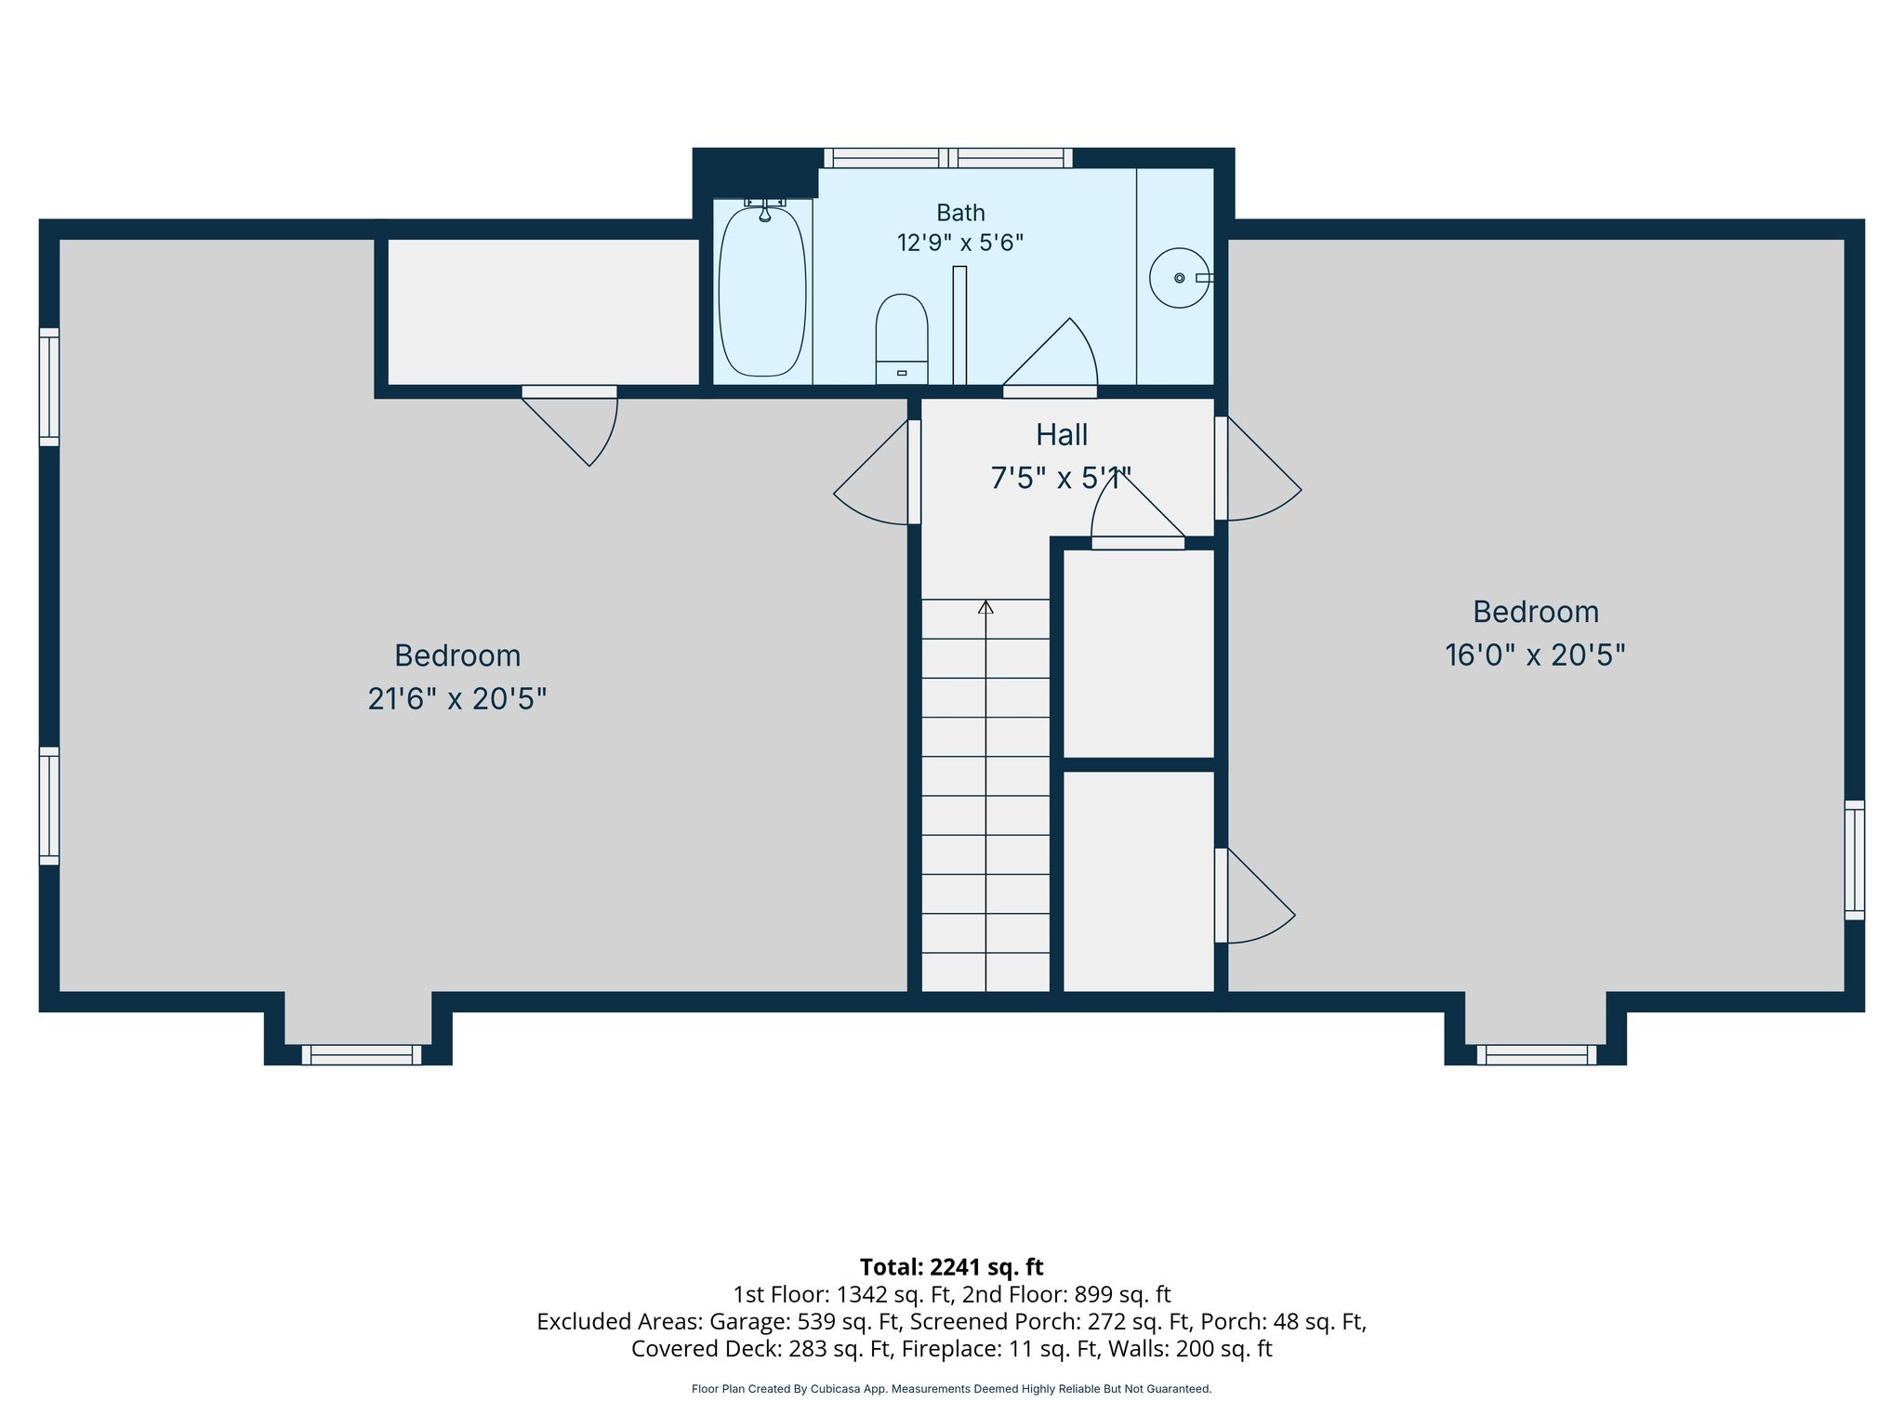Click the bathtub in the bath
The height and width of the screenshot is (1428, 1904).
762,291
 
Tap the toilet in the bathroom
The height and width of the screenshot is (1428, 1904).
902,339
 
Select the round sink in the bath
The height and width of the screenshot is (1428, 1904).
1180,277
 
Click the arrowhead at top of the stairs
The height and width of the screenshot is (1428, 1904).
985,607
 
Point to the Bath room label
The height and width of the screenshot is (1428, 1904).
960,213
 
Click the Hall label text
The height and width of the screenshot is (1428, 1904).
1062,435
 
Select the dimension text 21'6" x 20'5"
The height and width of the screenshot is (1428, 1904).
456,699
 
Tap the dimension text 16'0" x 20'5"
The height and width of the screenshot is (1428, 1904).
1535,655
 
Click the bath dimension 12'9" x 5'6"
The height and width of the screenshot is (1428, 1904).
960,244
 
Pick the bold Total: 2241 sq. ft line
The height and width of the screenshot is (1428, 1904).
951,1267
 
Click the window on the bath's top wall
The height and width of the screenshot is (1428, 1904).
948,158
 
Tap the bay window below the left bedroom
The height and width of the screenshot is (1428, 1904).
362,1054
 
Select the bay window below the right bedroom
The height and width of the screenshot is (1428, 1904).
1537,1054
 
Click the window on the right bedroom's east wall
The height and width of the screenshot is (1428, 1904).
1855,860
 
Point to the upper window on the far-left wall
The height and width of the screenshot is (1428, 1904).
49,387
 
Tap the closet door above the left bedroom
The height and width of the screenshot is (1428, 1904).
570,425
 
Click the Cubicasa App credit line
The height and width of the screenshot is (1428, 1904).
951,1389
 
